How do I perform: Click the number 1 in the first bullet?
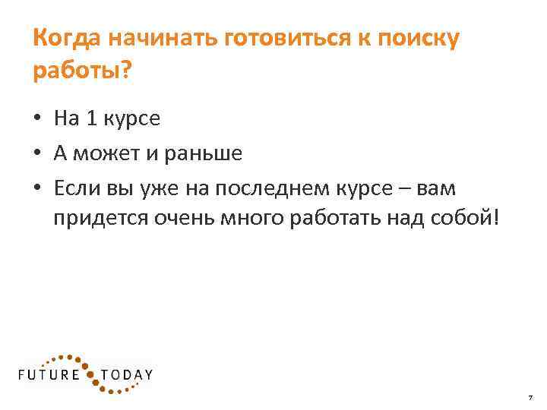coord(93,118)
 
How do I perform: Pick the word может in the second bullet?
coord(106,154)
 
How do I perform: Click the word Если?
coord(75,188)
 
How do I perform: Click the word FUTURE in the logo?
coord(49,374)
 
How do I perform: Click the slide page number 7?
coord(530,398)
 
